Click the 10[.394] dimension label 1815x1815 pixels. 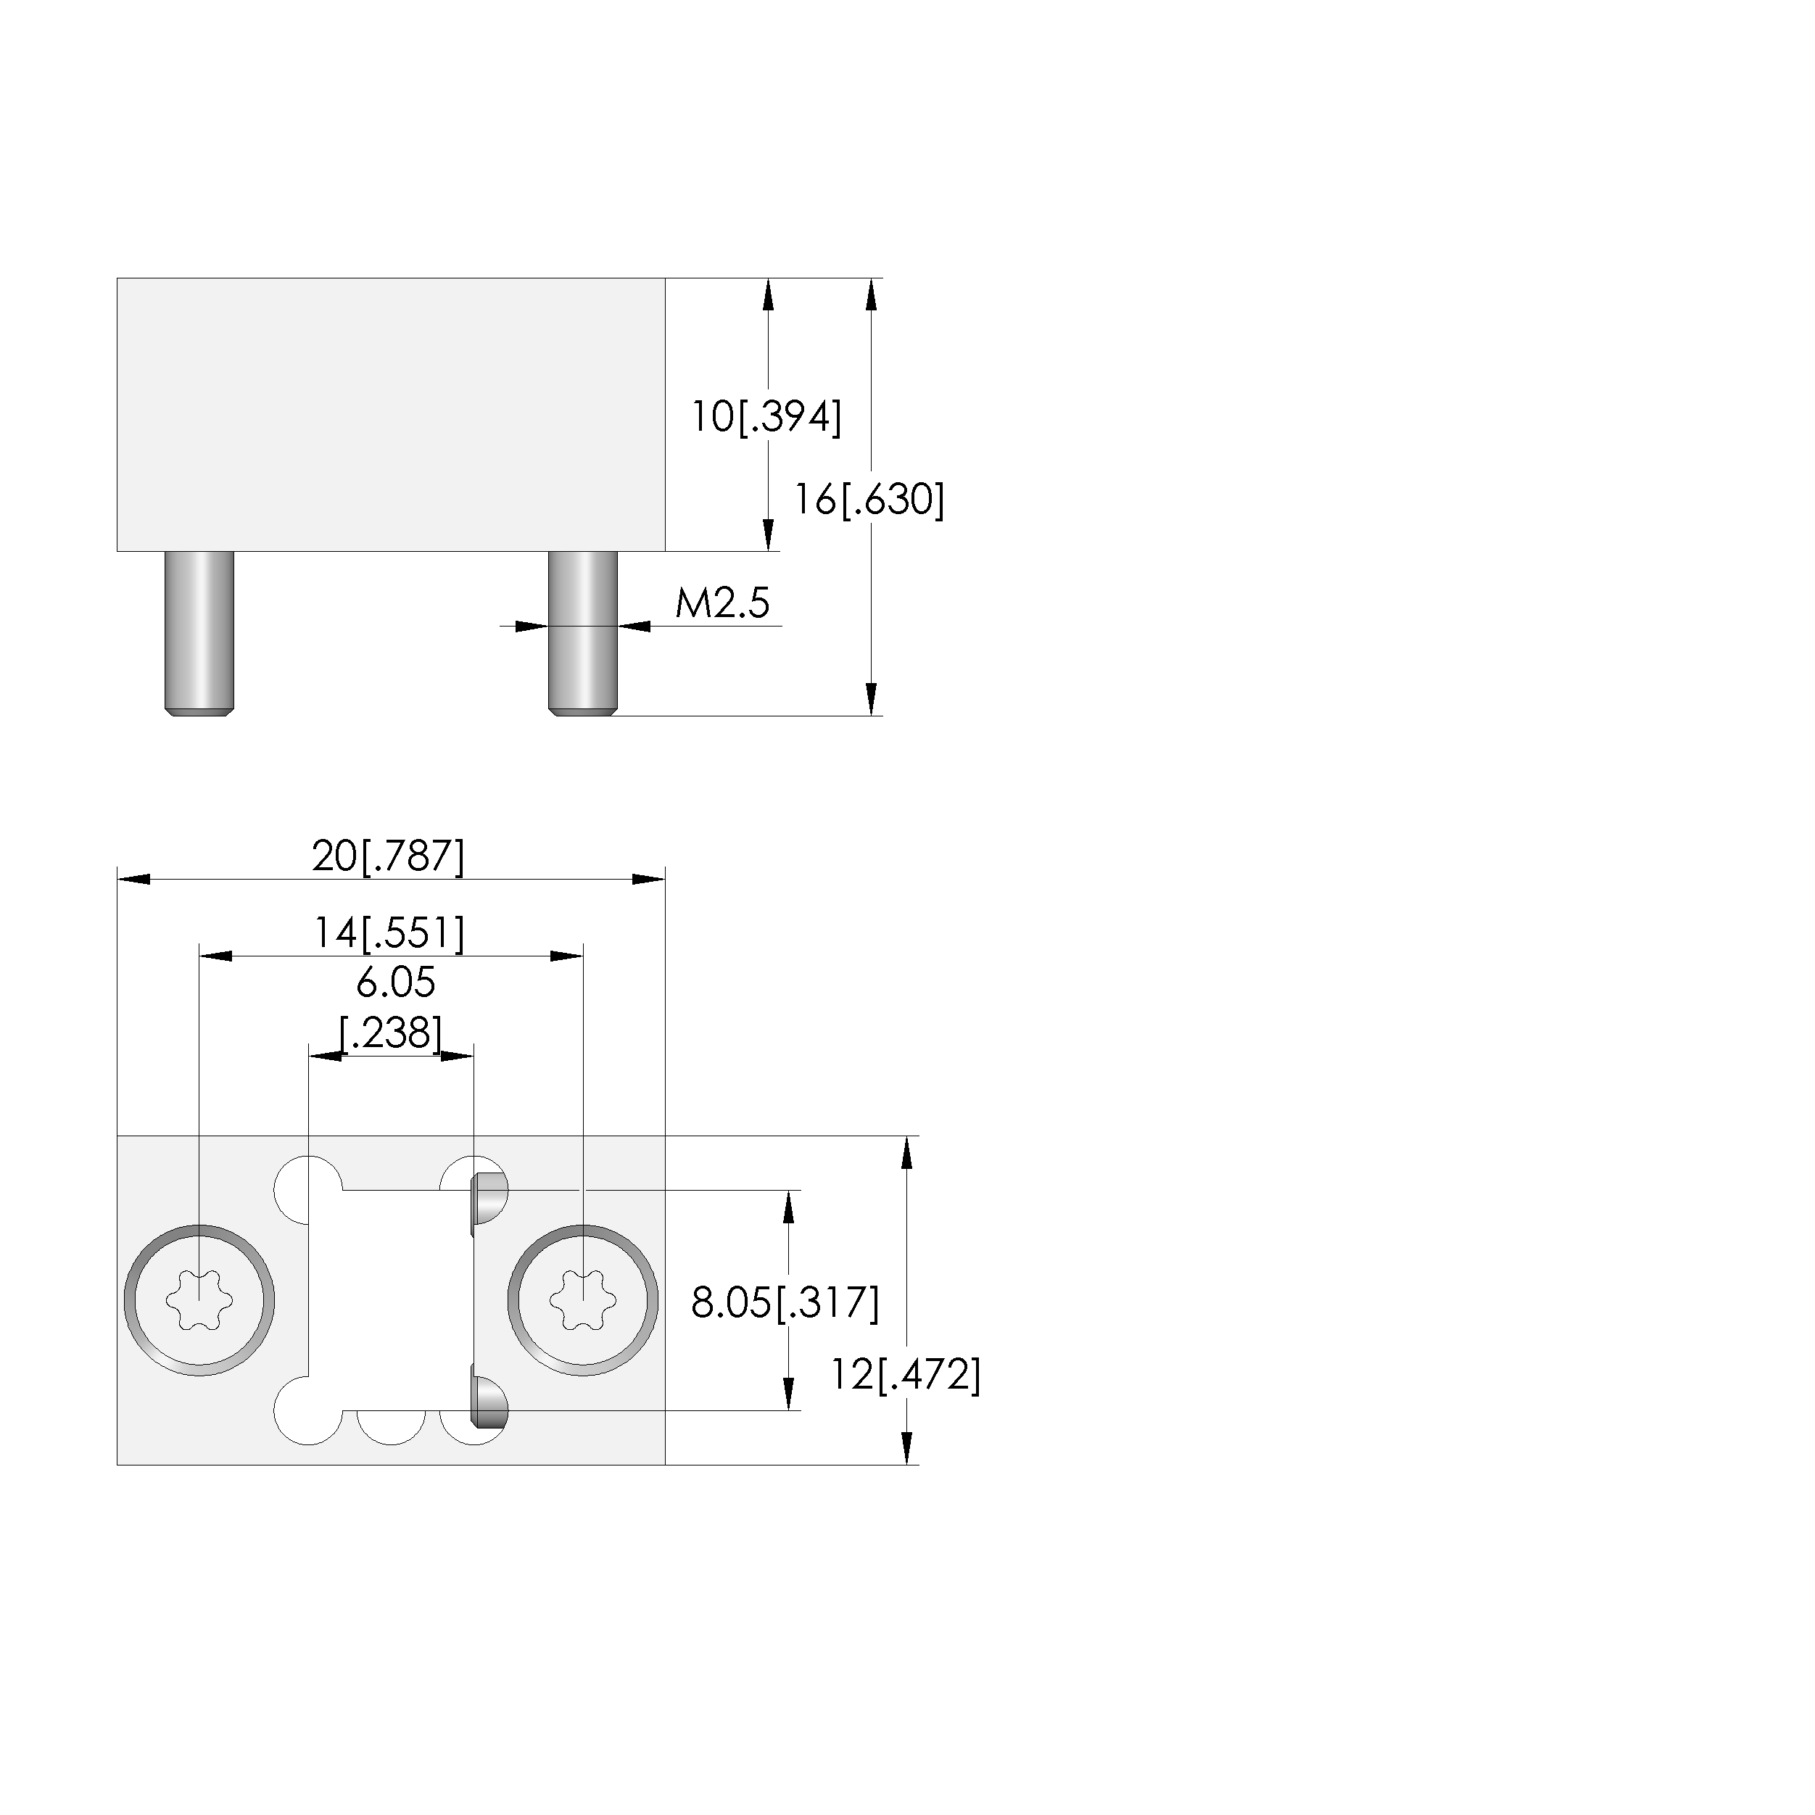point(766,416)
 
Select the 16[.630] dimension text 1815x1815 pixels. point(869,499)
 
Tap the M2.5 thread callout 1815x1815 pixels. point(722,602)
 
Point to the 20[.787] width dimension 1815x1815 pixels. point(388,856)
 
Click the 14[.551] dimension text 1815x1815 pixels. point(388,933)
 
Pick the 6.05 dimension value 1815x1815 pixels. point(395,983)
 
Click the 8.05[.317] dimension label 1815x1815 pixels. point(785,1302)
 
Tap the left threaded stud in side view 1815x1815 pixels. point(199,633)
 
